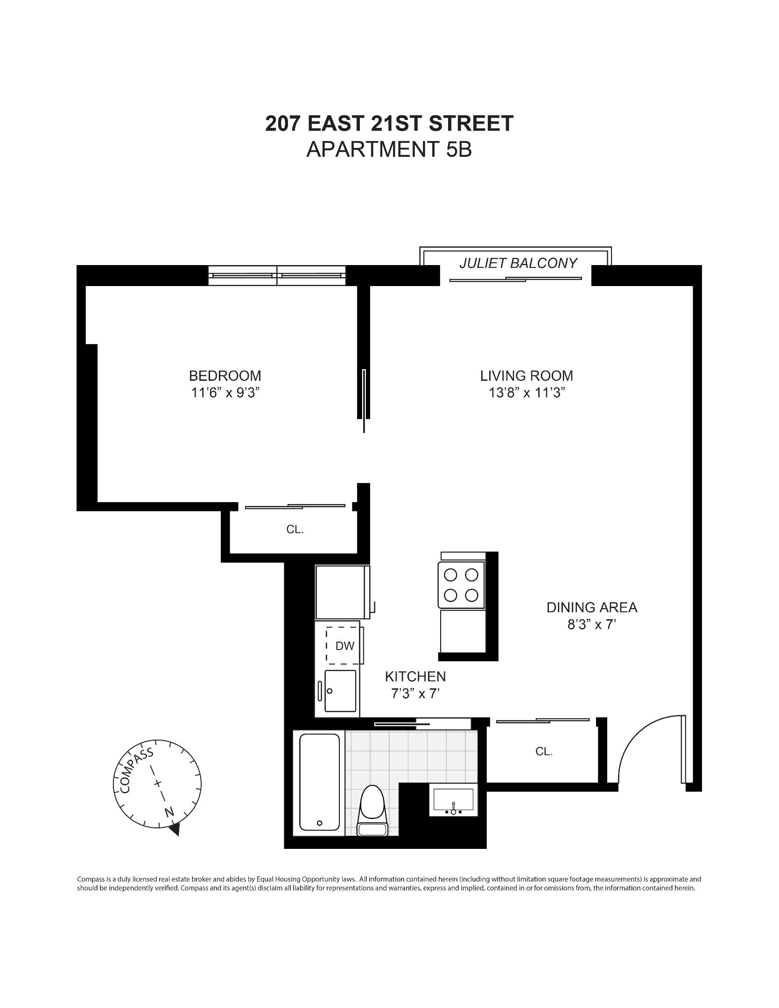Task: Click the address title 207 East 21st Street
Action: tap(389, 124)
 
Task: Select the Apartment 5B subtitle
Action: tap(389, 150)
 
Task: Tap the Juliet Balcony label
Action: tap(518, 263)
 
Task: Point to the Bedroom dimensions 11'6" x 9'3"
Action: tap(225, 393)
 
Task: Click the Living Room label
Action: tap(526, 376)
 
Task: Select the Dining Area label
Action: tap(592, 607)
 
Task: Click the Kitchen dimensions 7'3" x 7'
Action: tap(415, 694)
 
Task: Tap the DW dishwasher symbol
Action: tap(344, 646)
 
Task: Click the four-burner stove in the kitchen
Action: tap(461, 585)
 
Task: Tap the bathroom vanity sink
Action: tap(453, 800)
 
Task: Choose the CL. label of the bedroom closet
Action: tap(295, 530)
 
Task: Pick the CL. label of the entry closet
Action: tap(544, 752)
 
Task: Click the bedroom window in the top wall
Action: tap(277, 275)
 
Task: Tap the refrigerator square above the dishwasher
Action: tap(341, 592)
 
